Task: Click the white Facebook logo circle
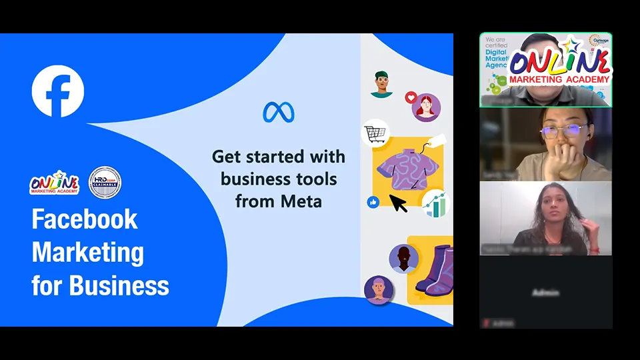[58, 91]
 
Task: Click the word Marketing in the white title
[87, 253]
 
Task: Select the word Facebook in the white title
[85, 219]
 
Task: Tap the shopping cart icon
[375, 133]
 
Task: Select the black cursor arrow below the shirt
[398, 203]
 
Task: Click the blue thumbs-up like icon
[373, 202]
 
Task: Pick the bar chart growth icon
[435, 204]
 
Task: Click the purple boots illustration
[434, 270]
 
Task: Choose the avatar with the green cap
[381, 83]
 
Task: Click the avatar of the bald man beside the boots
[403, 259]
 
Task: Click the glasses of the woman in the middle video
[559, 131]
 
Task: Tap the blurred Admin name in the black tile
[546, 293]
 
